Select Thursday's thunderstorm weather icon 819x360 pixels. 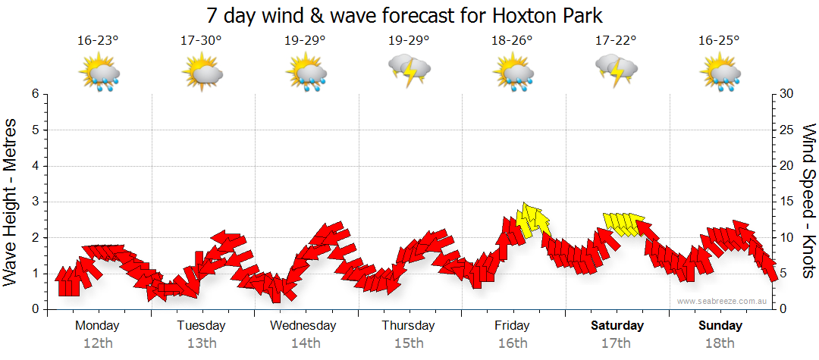[409, 70]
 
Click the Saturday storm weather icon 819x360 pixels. [616, 70]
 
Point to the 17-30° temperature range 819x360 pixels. [202, 41]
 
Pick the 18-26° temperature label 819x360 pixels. [513, 41]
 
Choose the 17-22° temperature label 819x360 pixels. [616, 41]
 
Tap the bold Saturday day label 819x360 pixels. [617, 326]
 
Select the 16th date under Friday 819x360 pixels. [513, 343]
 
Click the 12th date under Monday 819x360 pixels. [98, 343]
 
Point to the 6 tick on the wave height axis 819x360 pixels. [35, 94]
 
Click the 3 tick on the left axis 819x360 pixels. [35, 202]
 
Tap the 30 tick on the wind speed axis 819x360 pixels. [788, 94]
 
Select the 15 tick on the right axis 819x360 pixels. [788, 202]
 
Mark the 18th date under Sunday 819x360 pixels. [720, 343]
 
